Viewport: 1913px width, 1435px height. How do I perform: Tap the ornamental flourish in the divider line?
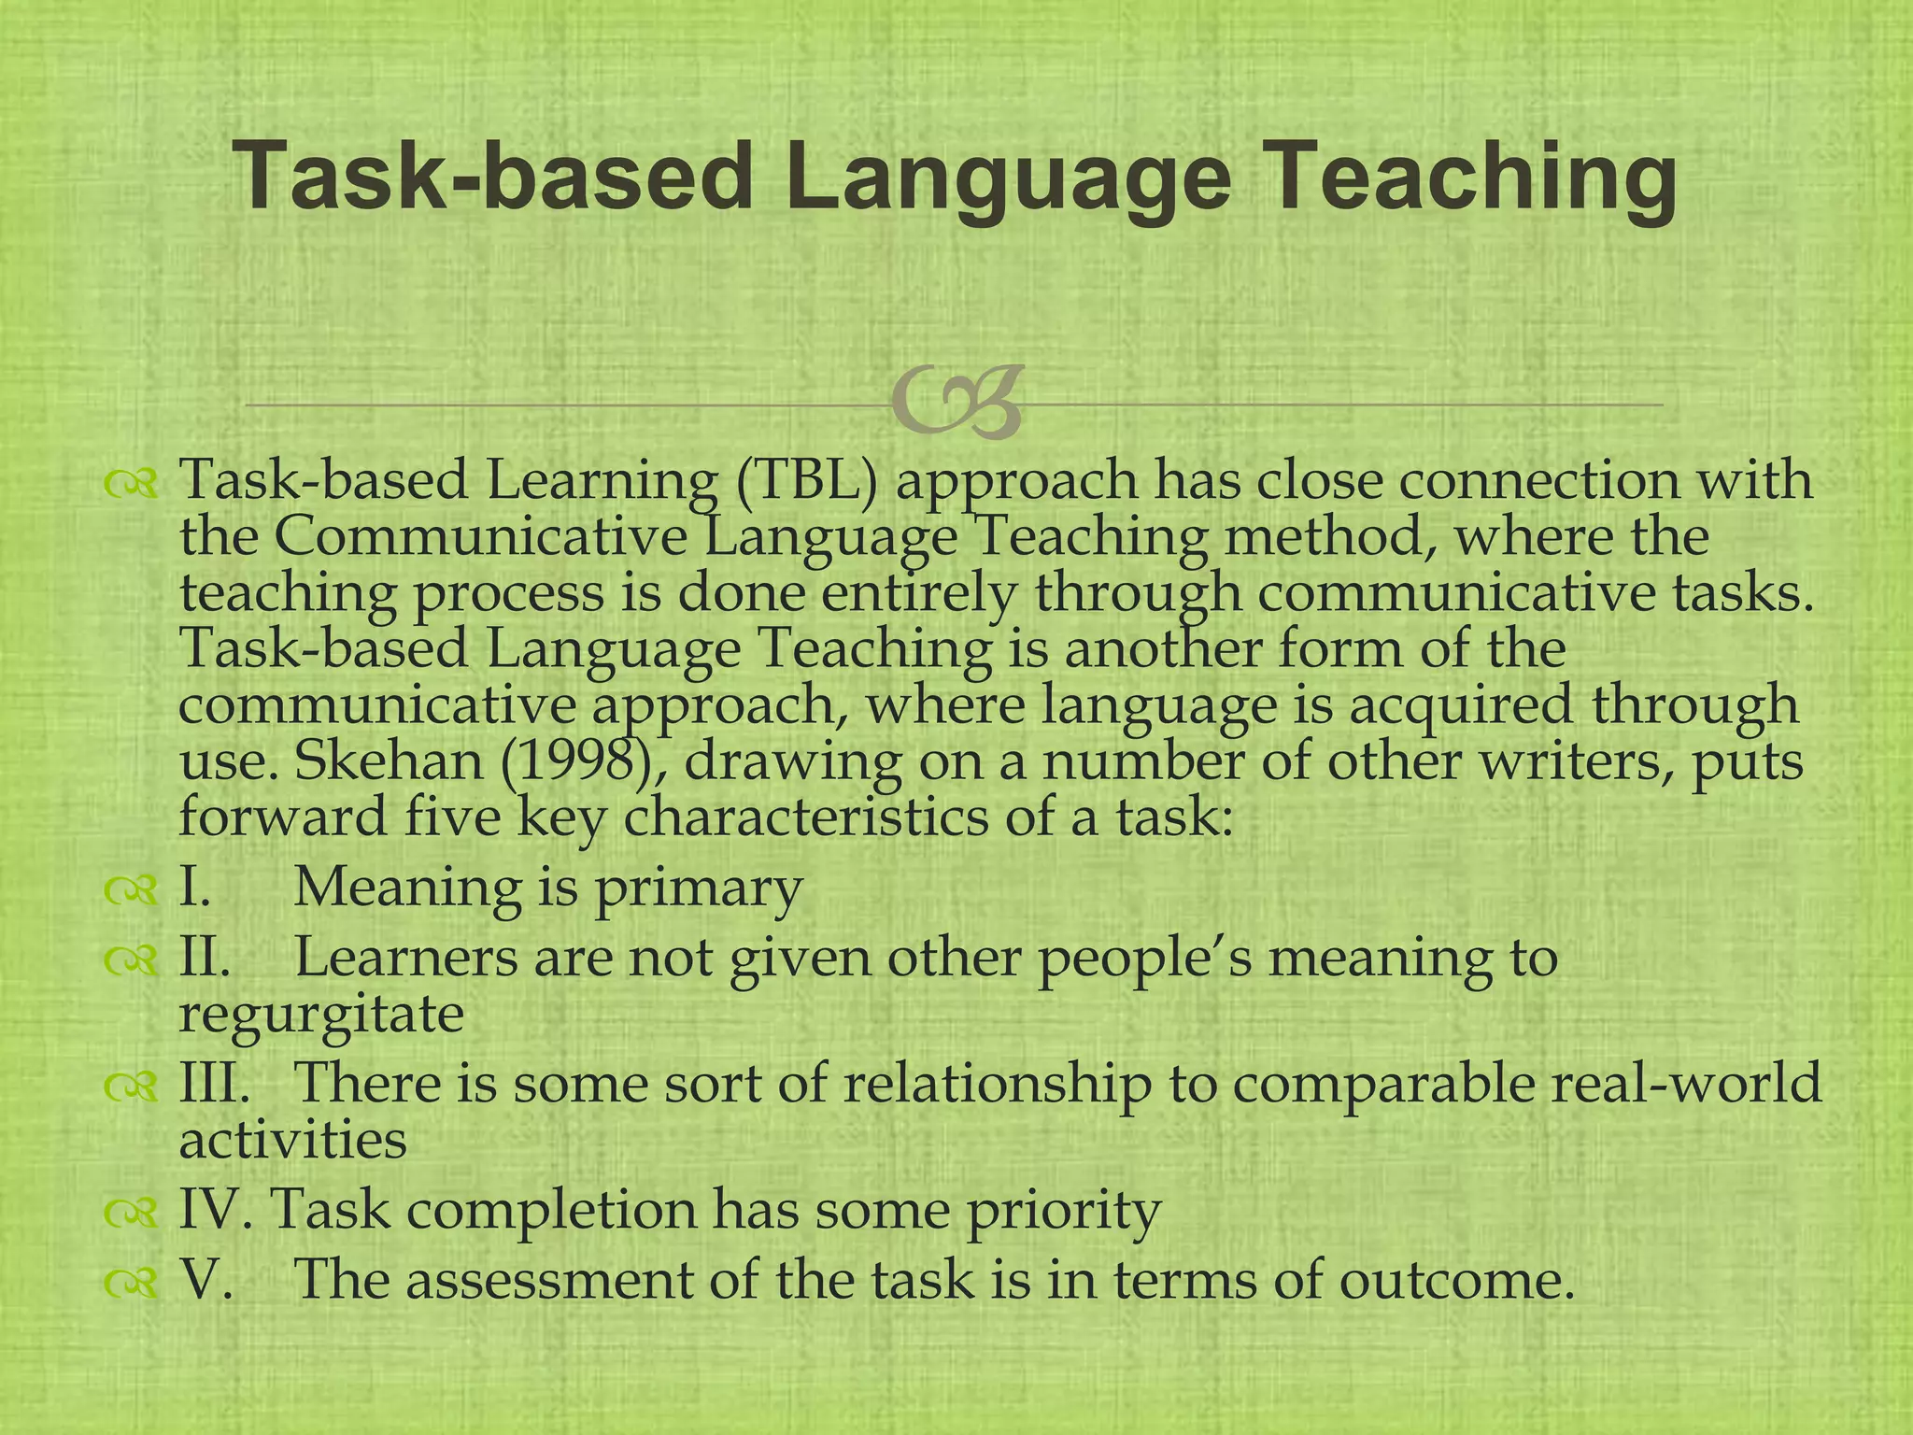point(957,404)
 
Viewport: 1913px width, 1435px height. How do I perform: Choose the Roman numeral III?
point(214,1083)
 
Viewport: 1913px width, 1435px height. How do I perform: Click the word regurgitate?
point(321,1015)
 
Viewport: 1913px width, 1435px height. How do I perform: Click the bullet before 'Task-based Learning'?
point(130,483)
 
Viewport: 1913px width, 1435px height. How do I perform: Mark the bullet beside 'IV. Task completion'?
point(130,1212)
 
